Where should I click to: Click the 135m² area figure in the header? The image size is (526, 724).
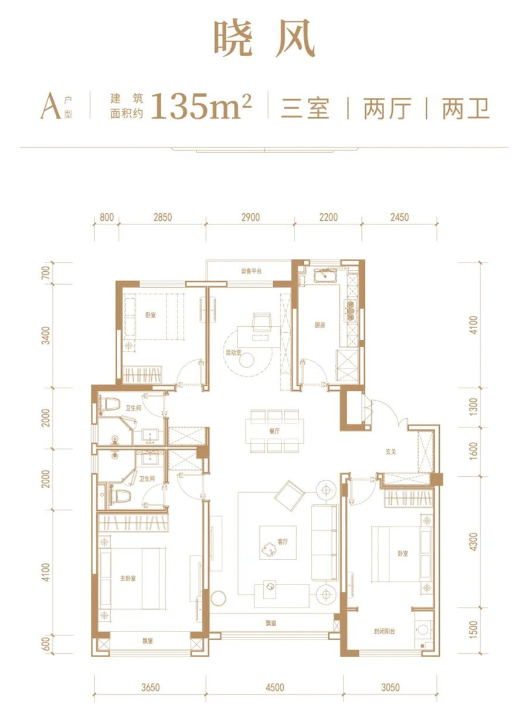click(x=203, y=105)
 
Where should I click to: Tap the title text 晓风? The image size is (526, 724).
click(x=264, y=38)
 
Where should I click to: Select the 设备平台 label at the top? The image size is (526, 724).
click(x=251, y=271)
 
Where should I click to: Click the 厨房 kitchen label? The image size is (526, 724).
click(x=320, y=325)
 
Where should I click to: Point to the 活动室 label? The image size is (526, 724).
click(x=233, y=353)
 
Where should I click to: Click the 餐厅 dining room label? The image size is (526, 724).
click(x=274, y=431)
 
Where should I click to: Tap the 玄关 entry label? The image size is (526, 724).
click(x=391, y=452)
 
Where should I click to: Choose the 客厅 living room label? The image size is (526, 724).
click(x=283, y=542)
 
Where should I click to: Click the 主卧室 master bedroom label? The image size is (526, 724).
click(x=128, y=579)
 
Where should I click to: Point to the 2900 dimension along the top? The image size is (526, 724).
click(x=250, y=217)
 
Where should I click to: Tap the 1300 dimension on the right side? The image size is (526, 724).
click(x=473, y=407)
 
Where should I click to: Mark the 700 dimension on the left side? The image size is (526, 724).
click(x=46, y=272)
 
